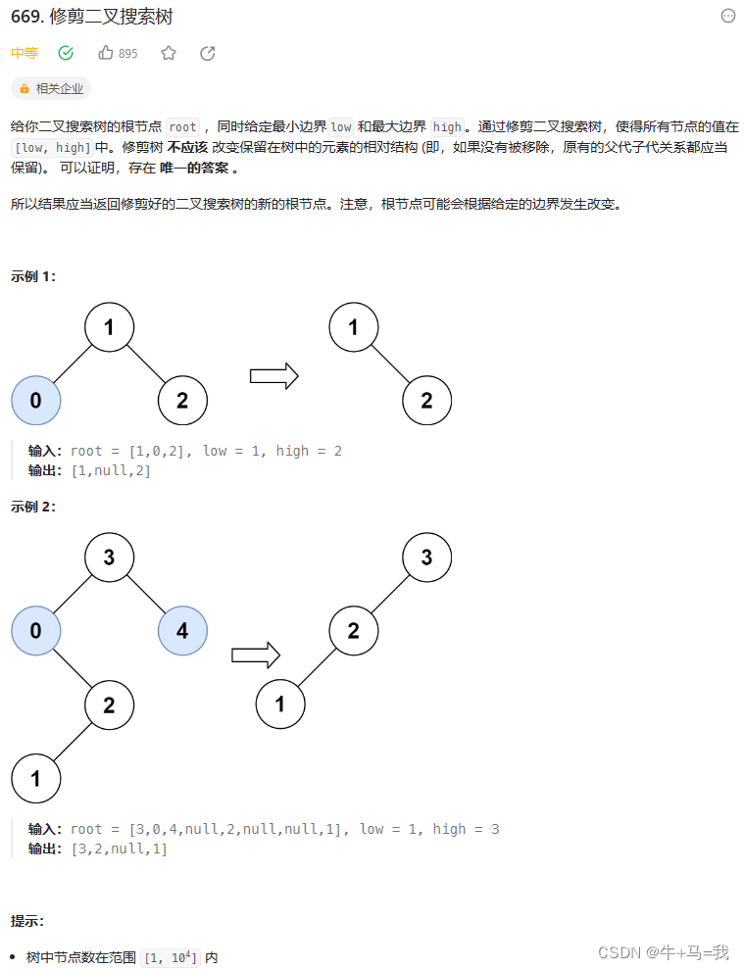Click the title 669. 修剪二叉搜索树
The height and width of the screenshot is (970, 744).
click(x=92, y=18)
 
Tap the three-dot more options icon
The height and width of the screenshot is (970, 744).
click(x=728, y=16)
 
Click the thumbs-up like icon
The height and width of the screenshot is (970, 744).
click(x=106, y=53)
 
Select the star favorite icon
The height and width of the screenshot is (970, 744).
click(x=169, y=53)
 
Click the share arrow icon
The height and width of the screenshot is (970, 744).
click(x=207, y=53)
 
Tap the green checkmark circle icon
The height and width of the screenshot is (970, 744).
click(x=66, y=53)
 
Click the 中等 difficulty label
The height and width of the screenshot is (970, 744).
click(x=25, y=53)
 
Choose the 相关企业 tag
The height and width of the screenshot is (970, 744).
click(x=51, y=88)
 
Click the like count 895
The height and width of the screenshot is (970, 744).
click(x=128, y=54)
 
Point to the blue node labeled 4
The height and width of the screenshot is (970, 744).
click(x=182, y=631)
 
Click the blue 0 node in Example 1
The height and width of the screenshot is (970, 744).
click(x=36, y=400)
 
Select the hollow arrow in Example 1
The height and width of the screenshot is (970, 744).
click(x=273, y=376)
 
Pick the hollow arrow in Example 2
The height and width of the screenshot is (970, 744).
click(x=256, y=655)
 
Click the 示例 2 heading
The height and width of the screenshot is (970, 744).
click(x=33, y=507)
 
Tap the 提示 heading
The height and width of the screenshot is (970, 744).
click(x=27, y=921)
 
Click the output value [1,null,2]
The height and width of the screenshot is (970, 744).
click(x=111, y=470)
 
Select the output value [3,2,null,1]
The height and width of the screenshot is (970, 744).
click(x=120, y=849)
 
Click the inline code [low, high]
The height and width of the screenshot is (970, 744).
click(x=52, y=147)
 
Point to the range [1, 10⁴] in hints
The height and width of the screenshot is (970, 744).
click(x=172, y=957)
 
